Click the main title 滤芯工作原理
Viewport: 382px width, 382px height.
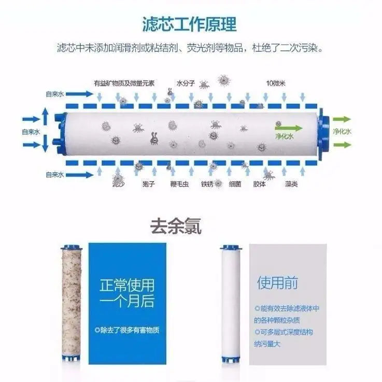pyautogui.click(x=189, y=24)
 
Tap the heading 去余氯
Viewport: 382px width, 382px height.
pyautogui.click(x=176, y=226)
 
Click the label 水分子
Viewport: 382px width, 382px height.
pyautogui.click(x=186, y=83)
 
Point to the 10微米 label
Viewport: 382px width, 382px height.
pyautogui.click(x=276, y=83)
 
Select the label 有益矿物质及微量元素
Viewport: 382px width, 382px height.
pyautogui.click(x=124, y=83)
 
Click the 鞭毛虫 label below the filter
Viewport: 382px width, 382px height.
pyautogui.click(x=179, y=184)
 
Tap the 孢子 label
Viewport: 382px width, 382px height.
pyautogui.click(x=149, y=184)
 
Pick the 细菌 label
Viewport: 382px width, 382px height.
pyautogui.click(x=235, y=184)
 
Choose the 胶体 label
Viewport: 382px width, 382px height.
pyautogui.click(x=260, y=184)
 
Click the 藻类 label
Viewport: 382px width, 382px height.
pyautogui.click(x=291, y=184)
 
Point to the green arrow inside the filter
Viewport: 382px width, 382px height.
pyautogui.click(x=289, y=128)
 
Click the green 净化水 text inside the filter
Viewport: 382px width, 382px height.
pyautogui.click(x=285, y=136)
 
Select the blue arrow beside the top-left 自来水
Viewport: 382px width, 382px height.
pyautogui.click(x=79, y=94)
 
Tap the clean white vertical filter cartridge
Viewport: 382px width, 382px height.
pyautogui.click(x=231, y=304)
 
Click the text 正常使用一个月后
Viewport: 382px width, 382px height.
pyautogui.click(x=127, y=293)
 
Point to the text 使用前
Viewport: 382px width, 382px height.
pyautogui.click(x=277, y=282)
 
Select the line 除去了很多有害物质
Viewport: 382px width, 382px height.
pyautogui.click(x=127, y=330)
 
